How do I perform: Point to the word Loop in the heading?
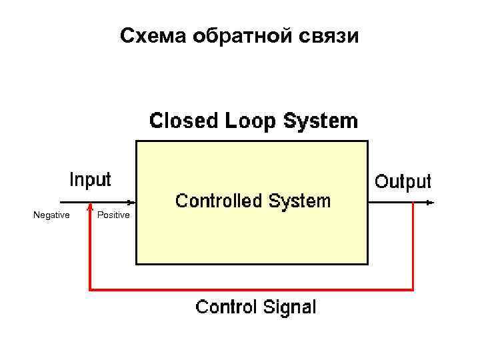pos(251,121)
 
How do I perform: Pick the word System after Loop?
pos(321,121)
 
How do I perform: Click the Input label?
pos(91,179)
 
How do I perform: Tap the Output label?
pos(403,181)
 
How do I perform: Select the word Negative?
pos(51,215)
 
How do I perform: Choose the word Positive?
pos(113,215)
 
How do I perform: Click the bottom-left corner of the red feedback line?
pos(90,289)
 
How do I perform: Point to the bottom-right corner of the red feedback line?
pos(413,289)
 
